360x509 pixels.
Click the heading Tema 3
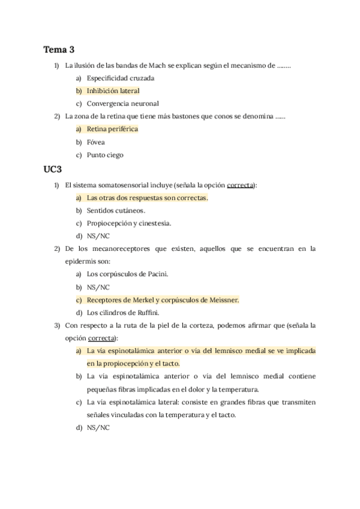click(x=59, y=49)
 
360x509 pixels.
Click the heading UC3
click(x=53, y=170)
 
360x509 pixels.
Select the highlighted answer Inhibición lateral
click(x=113, y=91)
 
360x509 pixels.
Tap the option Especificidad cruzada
click(x=120, y=78)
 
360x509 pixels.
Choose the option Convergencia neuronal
click(x=122, y=103)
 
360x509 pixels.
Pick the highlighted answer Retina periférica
click(x=112, y=129)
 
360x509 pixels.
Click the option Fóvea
click(x=95, y=142)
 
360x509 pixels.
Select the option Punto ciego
click(x=105, y=155)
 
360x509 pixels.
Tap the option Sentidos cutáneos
click(x=116, y=211)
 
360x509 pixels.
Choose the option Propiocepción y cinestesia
click(x=128, y=223)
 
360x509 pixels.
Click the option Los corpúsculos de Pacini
click(x=127, y=274)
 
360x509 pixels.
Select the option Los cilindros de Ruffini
click(x=125, y=313)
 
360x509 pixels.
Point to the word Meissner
click(x=223, y=300)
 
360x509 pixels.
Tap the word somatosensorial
click(x=122, y=185)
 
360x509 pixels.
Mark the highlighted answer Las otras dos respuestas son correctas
click(x=147, y=197)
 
